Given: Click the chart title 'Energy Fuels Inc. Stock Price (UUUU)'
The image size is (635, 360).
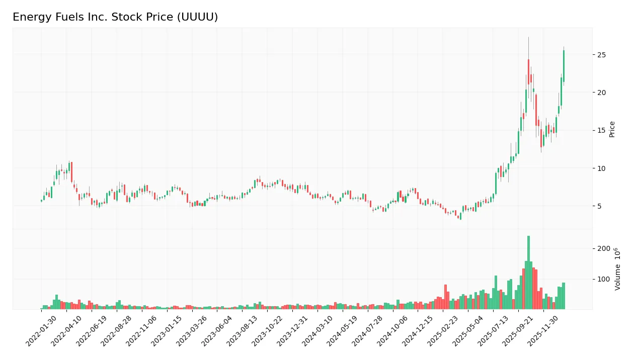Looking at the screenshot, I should click(115, 17).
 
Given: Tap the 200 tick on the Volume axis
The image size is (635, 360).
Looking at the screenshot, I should click(603, 248).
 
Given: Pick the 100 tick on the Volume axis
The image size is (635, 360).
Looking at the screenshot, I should click(603, 279).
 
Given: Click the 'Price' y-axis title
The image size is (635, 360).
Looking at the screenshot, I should click(612, 129).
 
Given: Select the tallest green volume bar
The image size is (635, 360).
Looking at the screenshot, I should click(528, 272).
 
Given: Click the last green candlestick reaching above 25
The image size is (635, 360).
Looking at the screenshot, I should click(564, 65).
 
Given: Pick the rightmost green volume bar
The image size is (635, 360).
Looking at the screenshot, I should click(564, 296).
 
